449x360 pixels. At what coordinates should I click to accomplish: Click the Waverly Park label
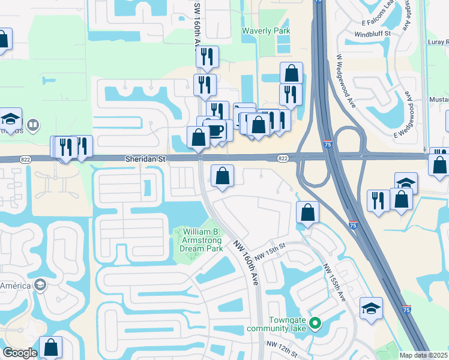[x=266, y=31]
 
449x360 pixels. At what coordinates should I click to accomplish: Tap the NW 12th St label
[x=282, y=349]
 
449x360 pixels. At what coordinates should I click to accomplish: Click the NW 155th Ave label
[x=335, y=283]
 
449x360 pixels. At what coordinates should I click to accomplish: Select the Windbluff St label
[x=372, y=34]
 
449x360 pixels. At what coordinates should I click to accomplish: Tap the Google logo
[x=19, y=353]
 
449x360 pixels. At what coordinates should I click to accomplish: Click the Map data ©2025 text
[x=424, y=355]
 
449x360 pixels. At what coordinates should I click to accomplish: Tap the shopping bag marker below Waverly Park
[x=291, y=74]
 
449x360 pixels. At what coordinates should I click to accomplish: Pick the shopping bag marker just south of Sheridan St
[x=222, y=176]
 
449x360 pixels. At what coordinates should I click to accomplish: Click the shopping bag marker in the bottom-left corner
[x=50, y=347]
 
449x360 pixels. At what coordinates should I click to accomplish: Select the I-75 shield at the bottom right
[x=407, y=310]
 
